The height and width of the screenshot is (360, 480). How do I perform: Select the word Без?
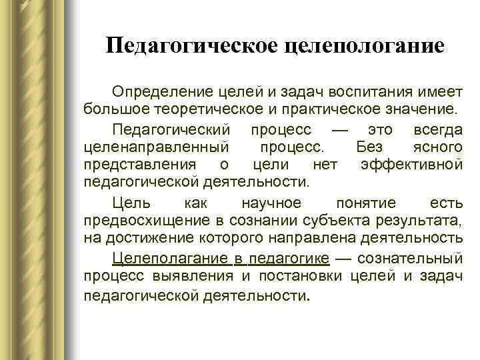point(369,145)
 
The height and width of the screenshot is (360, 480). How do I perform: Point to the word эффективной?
point(411,163)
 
